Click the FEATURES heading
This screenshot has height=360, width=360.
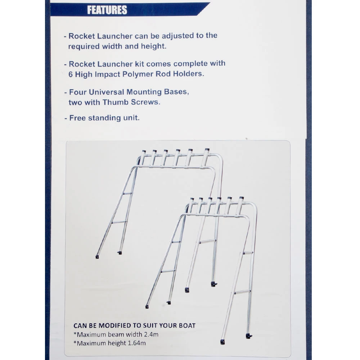point(107,10)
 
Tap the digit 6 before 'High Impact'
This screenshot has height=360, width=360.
point(71,75)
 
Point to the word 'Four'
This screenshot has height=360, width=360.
point(78,92)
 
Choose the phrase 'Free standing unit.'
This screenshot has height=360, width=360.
point(104,118)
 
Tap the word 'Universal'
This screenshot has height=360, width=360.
point(106,92)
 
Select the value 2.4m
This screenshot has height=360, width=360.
point(151,334)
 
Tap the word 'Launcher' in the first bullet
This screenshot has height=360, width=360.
point(115,36)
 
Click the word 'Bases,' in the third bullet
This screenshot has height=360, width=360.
point(176,92)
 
